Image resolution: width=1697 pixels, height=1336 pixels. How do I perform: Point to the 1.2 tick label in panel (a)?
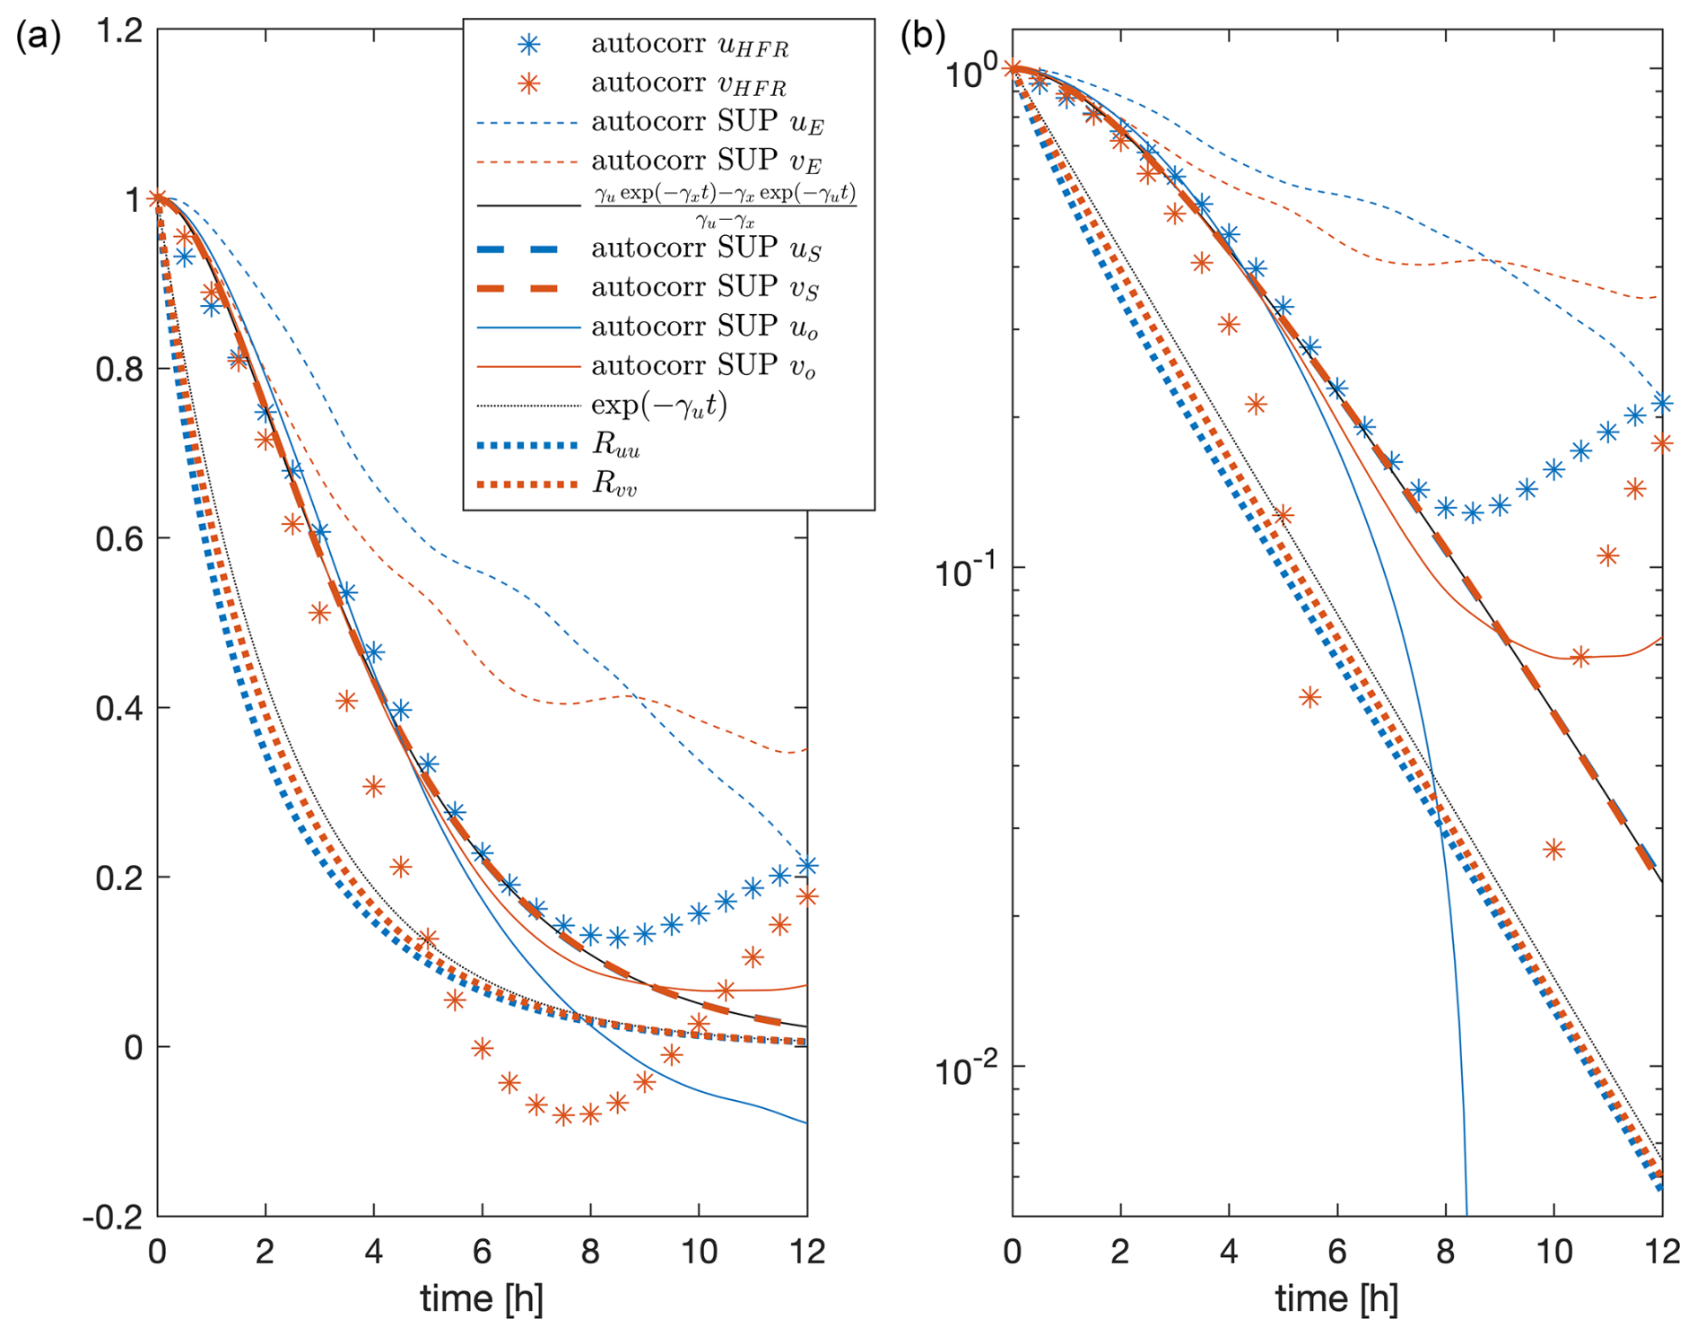coord(120,31)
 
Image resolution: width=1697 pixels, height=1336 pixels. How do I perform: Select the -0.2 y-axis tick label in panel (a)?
coord(112,1218)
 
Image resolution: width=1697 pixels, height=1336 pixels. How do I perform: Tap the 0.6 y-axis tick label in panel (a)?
coord(120,539)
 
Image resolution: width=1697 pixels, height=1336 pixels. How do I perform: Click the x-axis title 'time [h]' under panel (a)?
coord(482,1298)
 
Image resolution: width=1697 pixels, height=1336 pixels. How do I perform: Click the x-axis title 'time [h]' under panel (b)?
coord(1336,1298)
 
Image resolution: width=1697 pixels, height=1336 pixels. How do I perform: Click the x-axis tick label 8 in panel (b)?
coord(1445,1251)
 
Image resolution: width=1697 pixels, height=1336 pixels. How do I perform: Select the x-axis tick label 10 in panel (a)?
coord(699,1251)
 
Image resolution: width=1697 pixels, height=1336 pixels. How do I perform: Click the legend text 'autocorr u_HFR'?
coord(690,45)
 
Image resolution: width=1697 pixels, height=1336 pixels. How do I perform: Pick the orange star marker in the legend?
coord(529,84)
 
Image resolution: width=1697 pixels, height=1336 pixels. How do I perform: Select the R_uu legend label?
coord(616,446)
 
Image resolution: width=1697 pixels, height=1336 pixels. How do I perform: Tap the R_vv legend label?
coord(615,485)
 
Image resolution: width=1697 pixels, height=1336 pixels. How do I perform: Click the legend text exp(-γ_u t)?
coord(659,406)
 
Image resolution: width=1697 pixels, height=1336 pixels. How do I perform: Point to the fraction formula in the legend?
coord(725,205)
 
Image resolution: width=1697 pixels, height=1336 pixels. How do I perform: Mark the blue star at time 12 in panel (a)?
coord(807,866)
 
